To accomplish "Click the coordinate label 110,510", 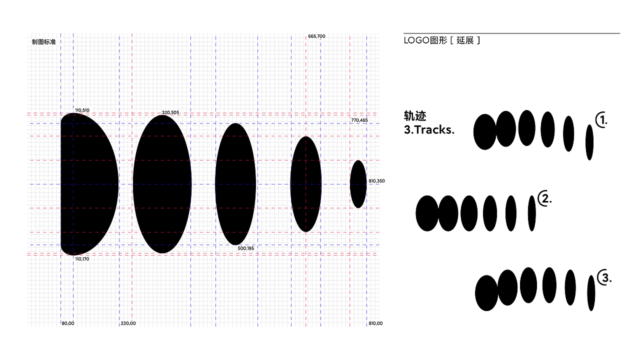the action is [82, 110].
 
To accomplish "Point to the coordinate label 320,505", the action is [170, 112].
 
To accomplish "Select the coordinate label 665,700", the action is [316, 36].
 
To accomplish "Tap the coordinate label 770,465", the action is [359, 120].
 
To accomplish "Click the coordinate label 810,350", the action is [376, 181].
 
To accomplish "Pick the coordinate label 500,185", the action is [245, 248].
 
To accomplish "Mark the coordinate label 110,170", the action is [82, 259].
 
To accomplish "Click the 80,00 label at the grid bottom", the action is [68, 323].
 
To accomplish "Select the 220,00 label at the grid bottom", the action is [128, 323].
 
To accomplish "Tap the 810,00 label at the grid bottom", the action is [375, 323].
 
